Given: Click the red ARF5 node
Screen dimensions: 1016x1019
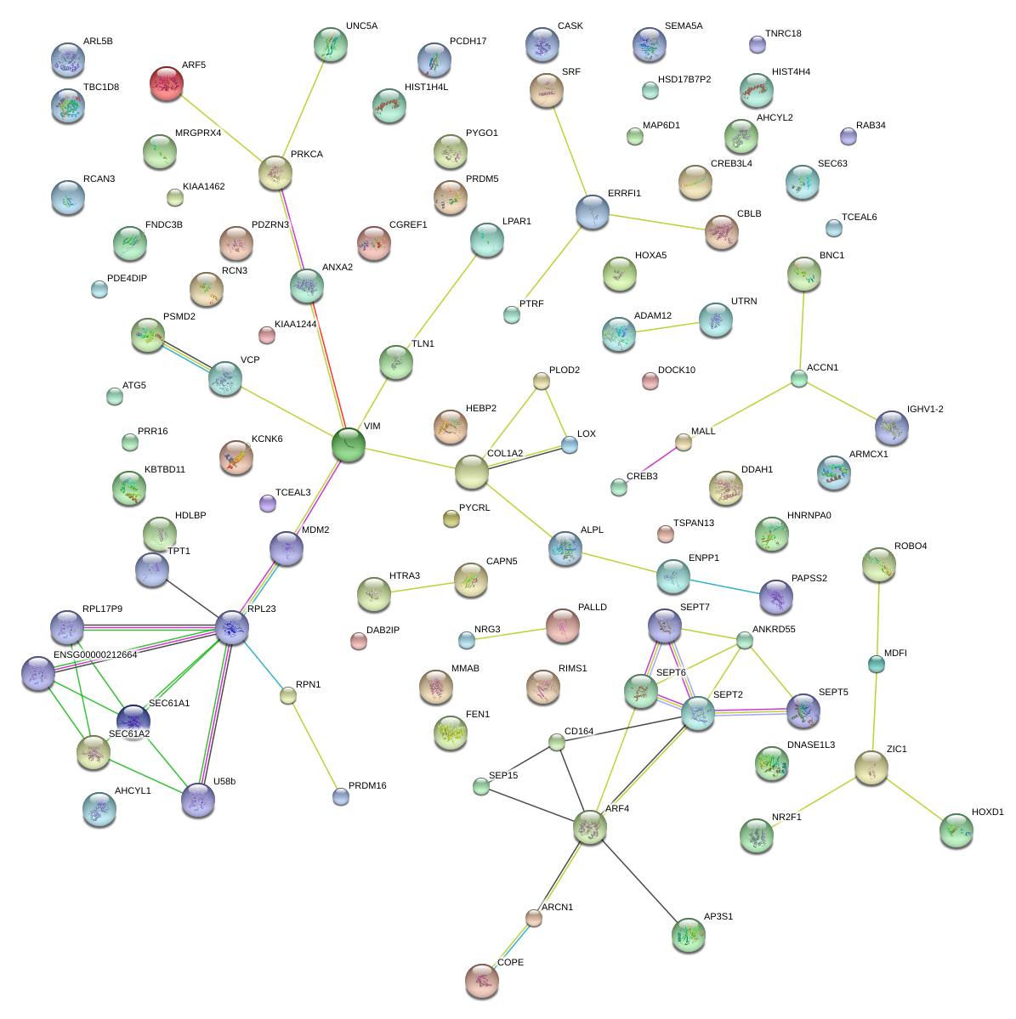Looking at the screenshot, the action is (x=167, y=83).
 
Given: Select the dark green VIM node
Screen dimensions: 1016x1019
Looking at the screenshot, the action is (x=349, y=445).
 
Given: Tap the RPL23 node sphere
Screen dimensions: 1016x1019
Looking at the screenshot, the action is (x=232, y=628).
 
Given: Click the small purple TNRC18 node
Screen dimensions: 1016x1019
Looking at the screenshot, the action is (x=758, y=44).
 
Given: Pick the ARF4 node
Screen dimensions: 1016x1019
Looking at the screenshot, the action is (x=590, y=827).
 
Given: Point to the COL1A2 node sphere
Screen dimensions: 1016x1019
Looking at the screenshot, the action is (x=472, y=473).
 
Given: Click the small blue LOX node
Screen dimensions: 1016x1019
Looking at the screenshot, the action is (x=570, y=445).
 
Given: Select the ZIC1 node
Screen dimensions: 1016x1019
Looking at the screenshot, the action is (x=871, y=767).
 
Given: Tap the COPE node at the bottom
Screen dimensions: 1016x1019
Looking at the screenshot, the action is (x=482, y=981).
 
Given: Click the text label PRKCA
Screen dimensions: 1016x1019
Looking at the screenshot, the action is (x=307, y=154).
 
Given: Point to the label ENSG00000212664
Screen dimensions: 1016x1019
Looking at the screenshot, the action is (x=95, y=654).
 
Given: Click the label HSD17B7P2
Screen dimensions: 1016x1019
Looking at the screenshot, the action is (x=684, y=79).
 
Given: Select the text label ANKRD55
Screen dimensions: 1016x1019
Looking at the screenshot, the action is (x=774, y=629).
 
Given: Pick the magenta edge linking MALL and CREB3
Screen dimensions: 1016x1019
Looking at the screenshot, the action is (x=650, y=465).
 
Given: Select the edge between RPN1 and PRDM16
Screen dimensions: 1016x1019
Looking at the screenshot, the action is (x=314, y=746).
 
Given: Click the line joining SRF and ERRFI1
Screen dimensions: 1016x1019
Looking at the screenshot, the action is (x=570, y=151).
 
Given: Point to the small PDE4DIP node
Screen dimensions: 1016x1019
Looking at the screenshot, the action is (x=99, y=289).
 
